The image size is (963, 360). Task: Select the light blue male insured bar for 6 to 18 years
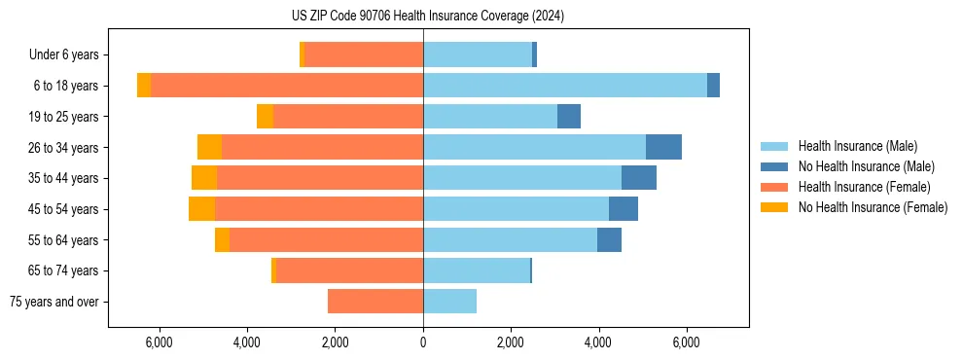(x=564, y=86)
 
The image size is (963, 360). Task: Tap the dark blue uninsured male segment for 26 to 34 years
(x=663, y=147)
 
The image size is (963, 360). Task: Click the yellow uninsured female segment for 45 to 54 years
(x=201, y=209)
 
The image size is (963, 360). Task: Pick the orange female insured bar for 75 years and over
(x=375, y=302)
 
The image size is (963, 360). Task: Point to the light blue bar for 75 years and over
(x=449, y=302)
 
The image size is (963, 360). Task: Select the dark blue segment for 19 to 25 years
(x=569, y=117)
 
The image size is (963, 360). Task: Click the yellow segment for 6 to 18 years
(x=144, y=86)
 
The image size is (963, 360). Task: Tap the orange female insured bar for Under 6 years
(x=364, y=54)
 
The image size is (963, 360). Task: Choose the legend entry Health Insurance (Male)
(x=857, y=146)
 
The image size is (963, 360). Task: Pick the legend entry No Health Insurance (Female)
(x=873, y=207)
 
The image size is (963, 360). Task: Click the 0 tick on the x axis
(x=423, y=342)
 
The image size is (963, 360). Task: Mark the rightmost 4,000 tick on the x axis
(x=598, y=342)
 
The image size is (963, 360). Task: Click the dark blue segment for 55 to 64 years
(x=609, y=240)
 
